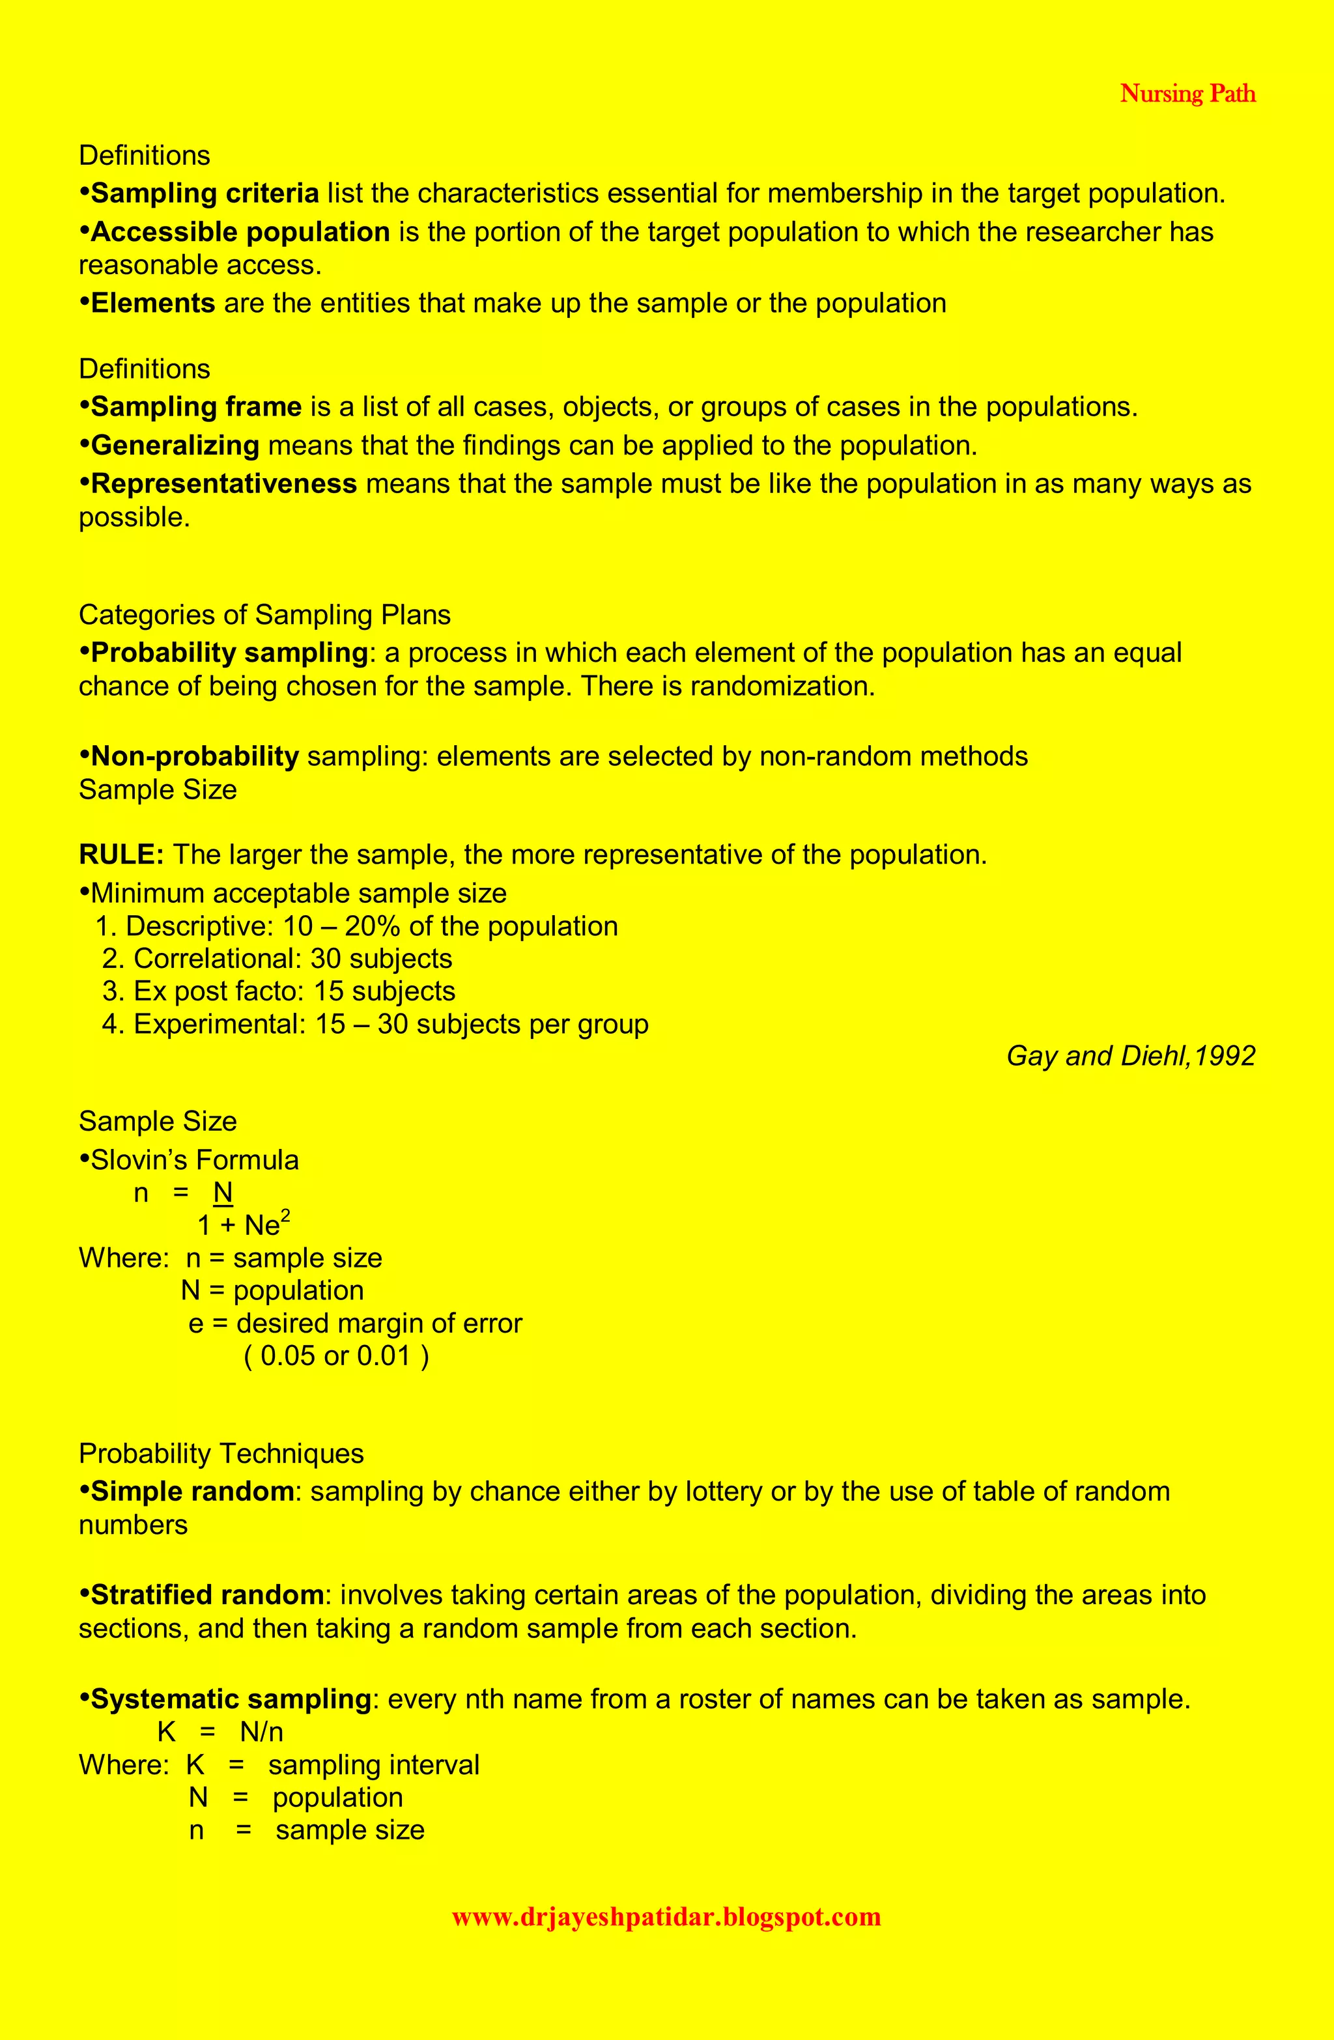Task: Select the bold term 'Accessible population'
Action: coord(240,233)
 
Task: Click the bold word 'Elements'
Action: coord(152,304)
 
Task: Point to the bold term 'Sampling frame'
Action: coord(195,407)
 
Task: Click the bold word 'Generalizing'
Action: coord(175,446)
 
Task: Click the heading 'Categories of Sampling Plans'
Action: coord(264,615)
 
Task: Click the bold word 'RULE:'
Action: coord(121,855)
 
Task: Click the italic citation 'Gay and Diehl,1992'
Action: coord(1130,1056)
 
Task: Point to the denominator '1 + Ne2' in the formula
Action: coord(244,1225)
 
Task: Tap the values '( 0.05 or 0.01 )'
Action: coord(336,1356)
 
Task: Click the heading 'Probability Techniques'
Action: coord(221,1454)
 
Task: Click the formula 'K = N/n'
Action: coord(220,1733)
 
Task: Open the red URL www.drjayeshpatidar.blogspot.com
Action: coord(666,1917)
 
